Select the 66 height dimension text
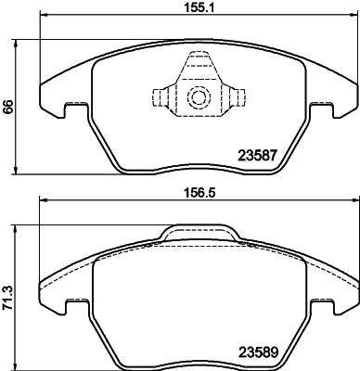click(8, 108)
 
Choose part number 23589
click(261, 352)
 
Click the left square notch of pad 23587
click(76, 109)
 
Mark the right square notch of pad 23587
click(321, 109)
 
